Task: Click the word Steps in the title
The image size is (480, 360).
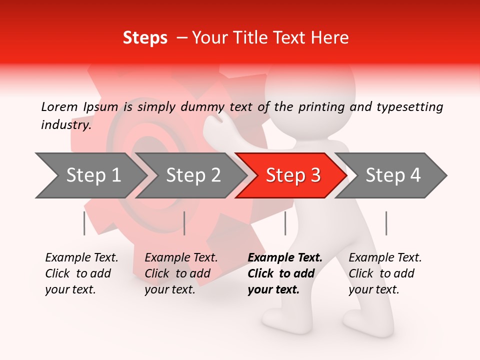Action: point(145,38)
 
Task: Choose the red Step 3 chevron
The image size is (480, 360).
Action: point(293,175)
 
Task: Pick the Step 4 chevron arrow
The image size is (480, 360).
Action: point(393,175)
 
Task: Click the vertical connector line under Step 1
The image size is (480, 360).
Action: point(84,223)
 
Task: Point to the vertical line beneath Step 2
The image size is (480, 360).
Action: point(184,223)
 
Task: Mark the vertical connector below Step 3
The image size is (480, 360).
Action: point(285,223)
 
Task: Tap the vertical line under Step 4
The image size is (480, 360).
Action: point(386,223)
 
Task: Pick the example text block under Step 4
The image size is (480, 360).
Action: point(385,273)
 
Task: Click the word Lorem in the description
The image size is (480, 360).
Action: point(59,106)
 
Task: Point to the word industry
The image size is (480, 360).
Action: point(66,125)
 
